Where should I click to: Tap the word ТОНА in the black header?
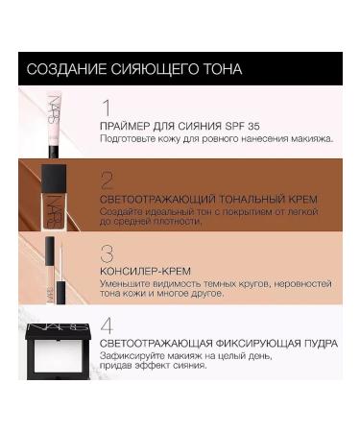click(x=220, y=69)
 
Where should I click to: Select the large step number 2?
click(x=108, y=180)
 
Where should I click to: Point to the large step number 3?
click(x=108, y=253)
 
